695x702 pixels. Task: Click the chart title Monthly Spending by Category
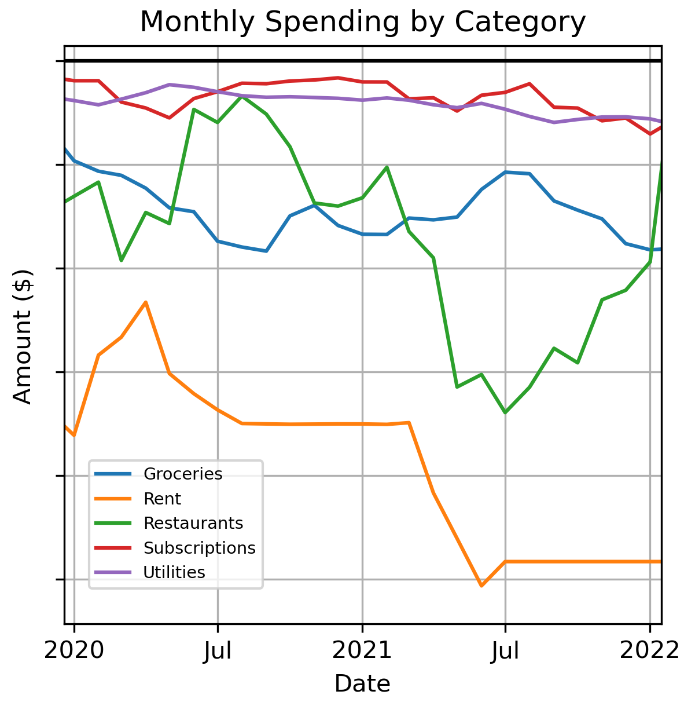(x=363, y=23)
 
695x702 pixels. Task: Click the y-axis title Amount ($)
(x=23, y=337)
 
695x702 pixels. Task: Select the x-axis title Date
(x=362, y=684)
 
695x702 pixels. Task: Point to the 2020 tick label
(x=74, y=651)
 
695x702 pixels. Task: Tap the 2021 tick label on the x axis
(x=362, y=651)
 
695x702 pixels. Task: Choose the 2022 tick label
(x=649, y=651)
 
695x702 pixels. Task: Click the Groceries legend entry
(x=183, y=474)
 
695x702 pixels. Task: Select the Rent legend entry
(x=162, y=499)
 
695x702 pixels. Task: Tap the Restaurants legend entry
(x=193, y=523)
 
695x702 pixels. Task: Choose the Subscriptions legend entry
(x=199, y=548)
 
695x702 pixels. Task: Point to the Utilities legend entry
(x=174, y=572)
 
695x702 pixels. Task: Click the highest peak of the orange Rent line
(x=146, y=302)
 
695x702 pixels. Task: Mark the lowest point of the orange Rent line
(x=481, y=586)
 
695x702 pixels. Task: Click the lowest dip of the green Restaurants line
(x=505, y=412)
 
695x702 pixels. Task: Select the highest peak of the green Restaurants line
(x=242, y=96)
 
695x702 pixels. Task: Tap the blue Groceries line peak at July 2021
(x=506, y=172)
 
